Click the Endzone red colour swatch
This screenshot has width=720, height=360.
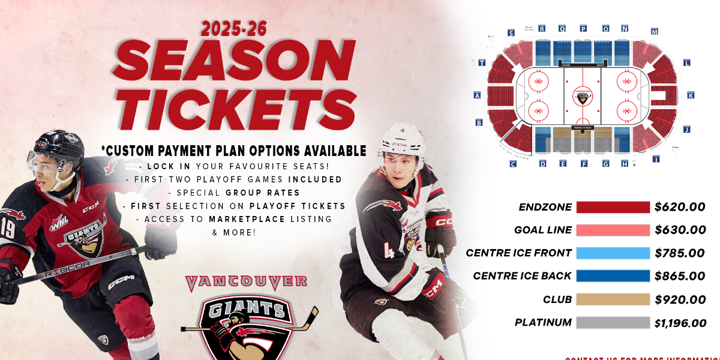(613, 207)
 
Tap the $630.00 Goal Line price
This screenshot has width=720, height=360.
(680, 230)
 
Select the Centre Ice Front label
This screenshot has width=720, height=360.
(518, 253)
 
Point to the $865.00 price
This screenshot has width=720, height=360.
(680, 276)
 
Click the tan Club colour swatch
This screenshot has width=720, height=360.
(613, 299)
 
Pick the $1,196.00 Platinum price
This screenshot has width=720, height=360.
(680, 323)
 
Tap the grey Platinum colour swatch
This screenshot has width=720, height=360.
(613, 323)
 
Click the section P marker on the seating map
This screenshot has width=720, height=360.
(583, 28)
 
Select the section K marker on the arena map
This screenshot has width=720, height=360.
(691, 95)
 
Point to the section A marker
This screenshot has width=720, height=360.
(478, 95)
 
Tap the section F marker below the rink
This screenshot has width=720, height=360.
(583, 163)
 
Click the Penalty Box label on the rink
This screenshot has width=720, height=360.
(582, 128)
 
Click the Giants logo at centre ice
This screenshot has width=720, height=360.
(582, 96)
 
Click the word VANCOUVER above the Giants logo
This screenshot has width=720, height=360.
(247, 281)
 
